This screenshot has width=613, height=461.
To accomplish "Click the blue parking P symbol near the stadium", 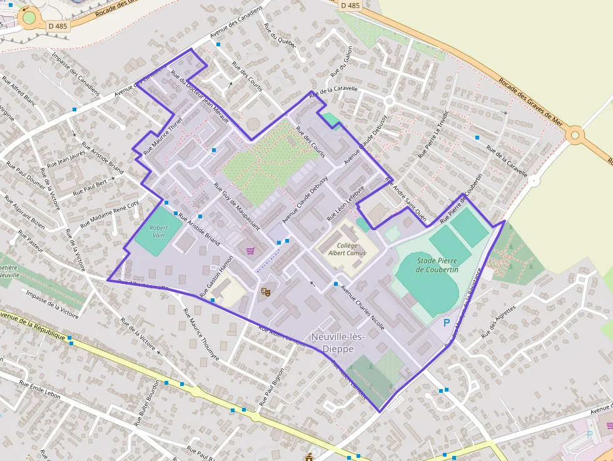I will coord(446,323).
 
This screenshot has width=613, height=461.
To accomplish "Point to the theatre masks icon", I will coord(265,291).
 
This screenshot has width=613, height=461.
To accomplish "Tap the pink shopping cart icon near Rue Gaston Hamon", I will coord(250,251).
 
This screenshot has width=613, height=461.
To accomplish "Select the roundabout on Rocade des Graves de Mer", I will coord(575,134).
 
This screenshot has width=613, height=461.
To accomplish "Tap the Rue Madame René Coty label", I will coord(109,211).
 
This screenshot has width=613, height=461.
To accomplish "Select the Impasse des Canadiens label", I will coord(76,74).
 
